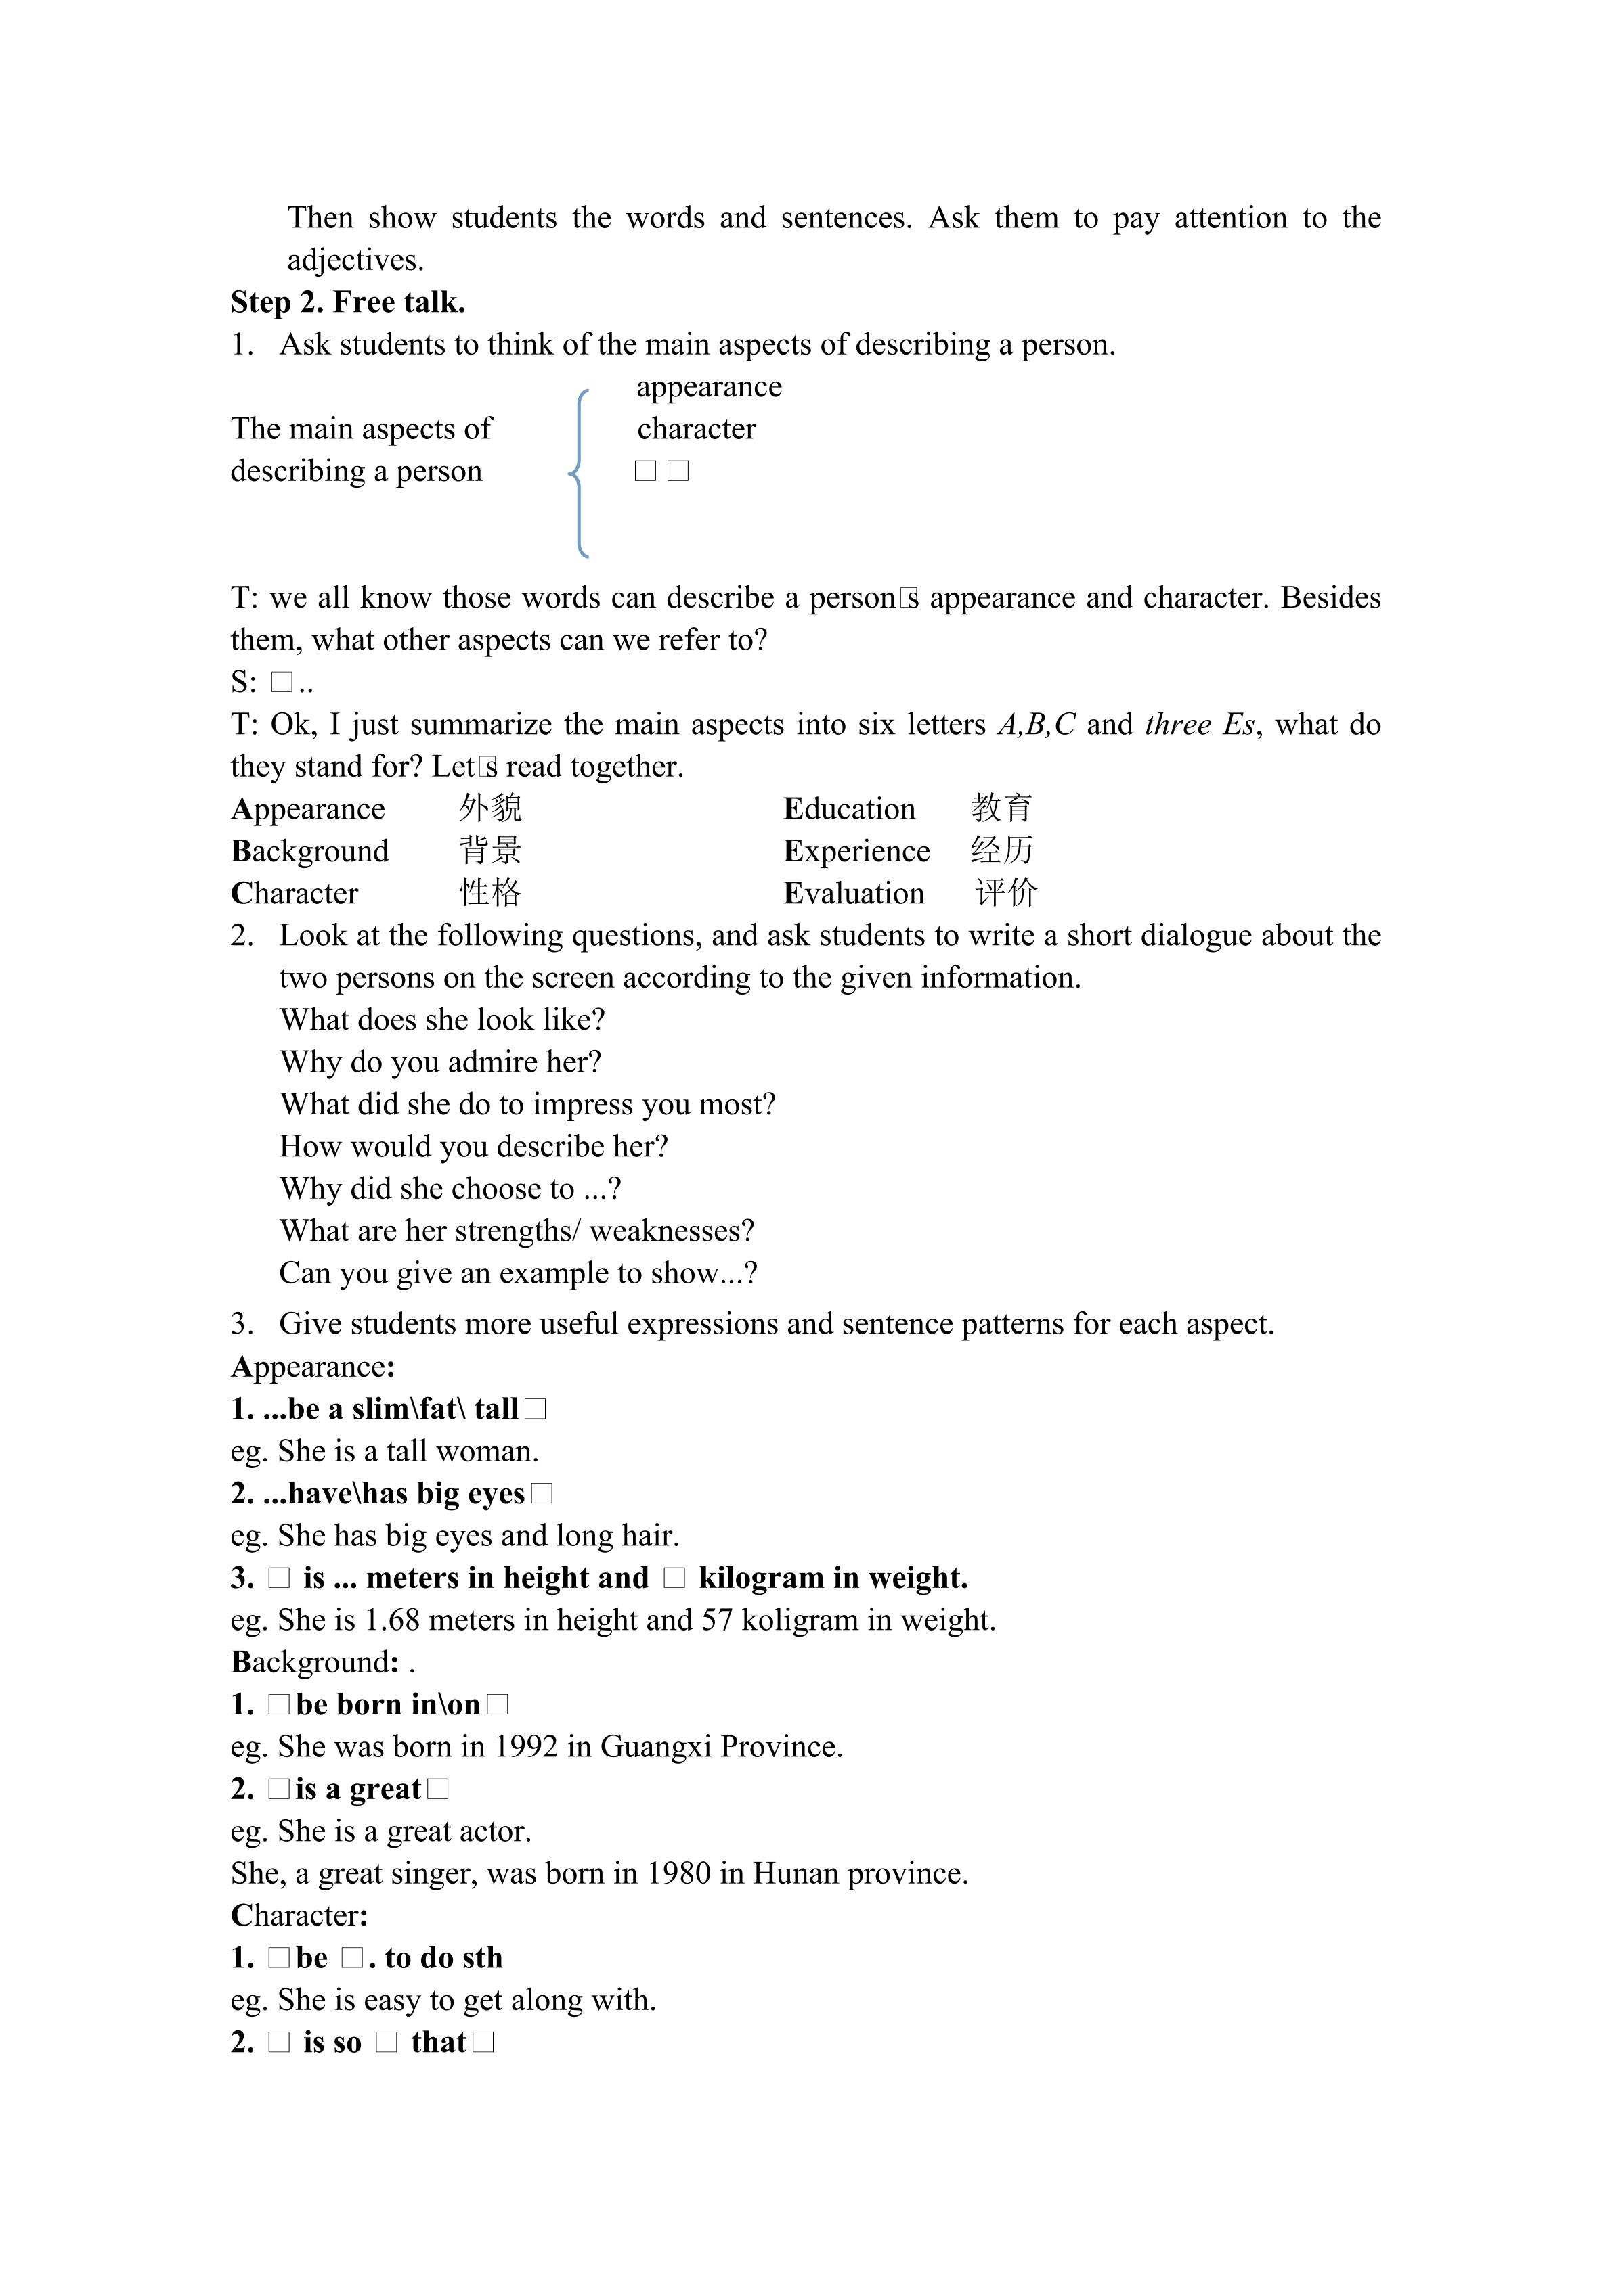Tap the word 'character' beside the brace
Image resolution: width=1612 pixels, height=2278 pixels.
696,429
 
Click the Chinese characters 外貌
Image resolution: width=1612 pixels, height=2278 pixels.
490,808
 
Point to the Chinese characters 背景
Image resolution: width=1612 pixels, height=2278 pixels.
490,850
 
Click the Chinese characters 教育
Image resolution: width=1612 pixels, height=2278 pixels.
1001,808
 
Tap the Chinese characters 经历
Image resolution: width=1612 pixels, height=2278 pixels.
1001,850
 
